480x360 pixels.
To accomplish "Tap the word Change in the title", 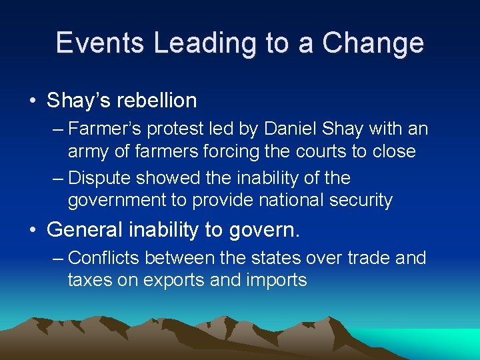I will [373, 43].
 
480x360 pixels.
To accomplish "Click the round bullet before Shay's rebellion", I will [32, 101].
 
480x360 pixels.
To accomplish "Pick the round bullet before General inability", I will [32, 231].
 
